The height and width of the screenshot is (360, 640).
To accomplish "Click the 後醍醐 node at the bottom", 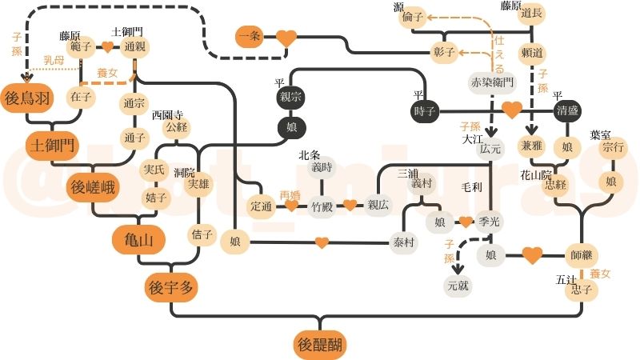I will [x=319, y=346].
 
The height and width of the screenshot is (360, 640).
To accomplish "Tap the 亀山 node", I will [x=134, y=238].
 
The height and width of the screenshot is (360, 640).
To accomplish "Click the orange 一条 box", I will [x=250, y=37].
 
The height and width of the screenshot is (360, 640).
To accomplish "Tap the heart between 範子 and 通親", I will [x=106, y=47].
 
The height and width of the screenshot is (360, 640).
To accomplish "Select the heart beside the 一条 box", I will [x=286, y=38].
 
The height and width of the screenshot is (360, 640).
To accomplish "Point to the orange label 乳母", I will [x=54, y=60].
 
